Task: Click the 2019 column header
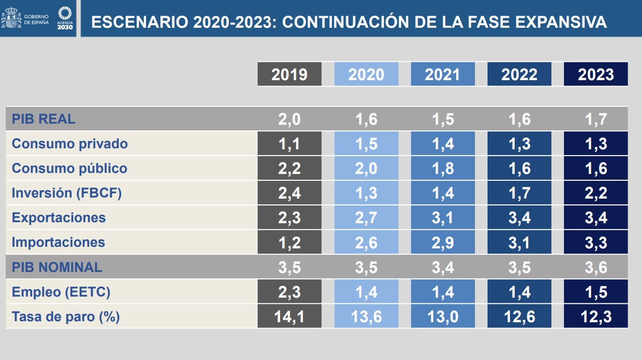[289, 74]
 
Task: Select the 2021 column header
[442, 74]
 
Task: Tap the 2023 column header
[595, 74]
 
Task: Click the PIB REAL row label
[43, 119]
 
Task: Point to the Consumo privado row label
[70, 144]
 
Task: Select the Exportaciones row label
[59, 217]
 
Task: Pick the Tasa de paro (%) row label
[66, 317]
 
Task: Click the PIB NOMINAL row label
[57, 267]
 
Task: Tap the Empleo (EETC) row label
[61, 292]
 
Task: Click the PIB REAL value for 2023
[595, 119]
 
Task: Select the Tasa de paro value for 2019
[289, 317]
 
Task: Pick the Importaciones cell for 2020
[366, 242]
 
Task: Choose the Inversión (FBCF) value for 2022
[519, 193]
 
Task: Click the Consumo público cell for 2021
[442, 168]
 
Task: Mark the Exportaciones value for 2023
[595, 217]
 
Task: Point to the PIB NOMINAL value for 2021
[442, 267]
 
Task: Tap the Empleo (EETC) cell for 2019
[289, 292]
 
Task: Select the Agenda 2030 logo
[65, 18]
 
